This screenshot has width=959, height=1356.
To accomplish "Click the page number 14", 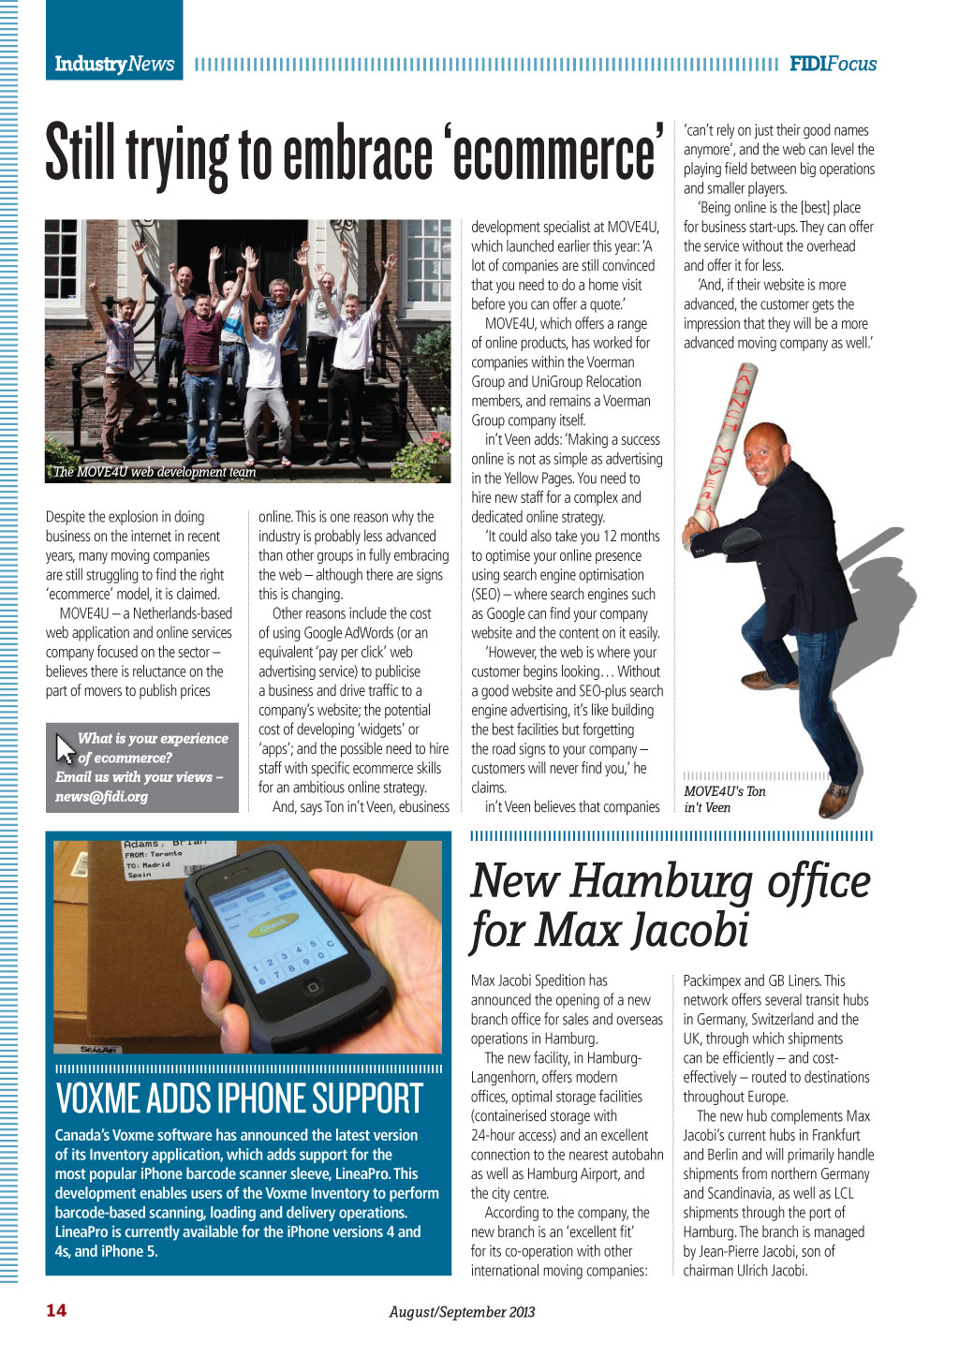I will point(56,1310).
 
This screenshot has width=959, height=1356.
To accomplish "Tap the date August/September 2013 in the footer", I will point(462,1312).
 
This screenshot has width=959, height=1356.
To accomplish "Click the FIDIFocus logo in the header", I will point(833,64).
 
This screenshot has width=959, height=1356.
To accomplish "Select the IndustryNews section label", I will point(114,64).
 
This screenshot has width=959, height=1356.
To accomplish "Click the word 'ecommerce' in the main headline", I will point(553,155).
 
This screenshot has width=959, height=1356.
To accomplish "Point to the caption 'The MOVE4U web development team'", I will point(155,472).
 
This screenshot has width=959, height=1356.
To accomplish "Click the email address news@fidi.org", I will point(101,797).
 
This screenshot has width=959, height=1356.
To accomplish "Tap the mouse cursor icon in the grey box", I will point(65,747).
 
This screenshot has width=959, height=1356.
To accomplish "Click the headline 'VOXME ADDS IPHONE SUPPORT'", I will point(240,1098).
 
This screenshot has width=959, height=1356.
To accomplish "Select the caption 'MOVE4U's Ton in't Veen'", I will point(724,799).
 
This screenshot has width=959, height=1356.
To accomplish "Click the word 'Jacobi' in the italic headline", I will point(690,931).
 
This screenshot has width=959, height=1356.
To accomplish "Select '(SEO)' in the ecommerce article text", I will point(486,595).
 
